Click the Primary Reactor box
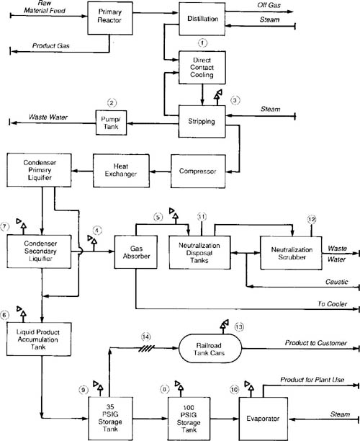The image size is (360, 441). tap(110, 18)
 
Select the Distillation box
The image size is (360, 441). tap(202, 19)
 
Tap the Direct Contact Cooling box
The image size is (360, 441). tap(202, 68)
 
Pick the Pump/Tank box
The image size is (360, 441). tap(111, 122)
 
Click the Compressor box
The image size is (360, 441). tap(198, 171)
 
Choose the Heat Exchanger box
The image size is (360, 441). tap(121, 171)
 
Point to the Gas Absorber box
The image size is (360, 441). tap(136, 252)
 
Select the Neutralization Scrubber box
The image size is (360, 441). tap(291, 253)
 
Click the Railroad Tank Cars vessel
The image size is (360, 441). tap(210, 349)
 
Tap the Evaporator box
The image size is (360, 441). tap(264, 419)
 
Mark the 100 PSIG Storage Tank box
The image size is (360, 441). tap(189, 419)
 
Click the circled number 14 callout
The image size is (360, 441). tap(146, 337)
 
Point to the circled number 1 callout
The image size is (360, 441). tap(202, 43)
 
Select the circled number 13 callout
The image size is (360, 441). tap(239, 327)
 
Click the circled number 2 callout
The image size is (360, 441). tap(112, 102)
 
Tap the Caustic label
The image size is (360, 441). tap(337, 282)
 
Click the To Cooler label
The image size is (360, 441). tap(333, 304)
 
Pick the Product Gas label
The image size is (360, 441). tap(51, 45)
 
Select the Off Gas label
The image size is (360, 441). tap(269, 5)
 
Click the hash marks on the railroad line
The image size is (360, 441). tap(147, 349)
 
